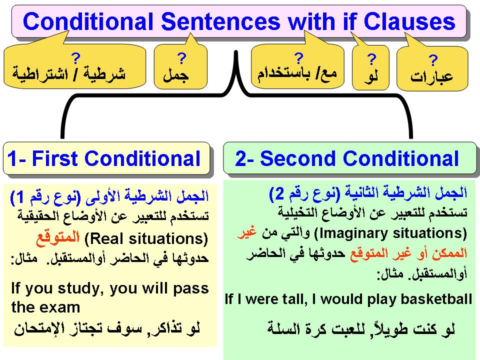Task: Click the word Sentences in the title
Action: pos(220,21)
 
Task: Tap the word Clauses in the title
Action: pos(409,21)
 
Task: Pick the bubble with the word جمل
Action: pos(180,66)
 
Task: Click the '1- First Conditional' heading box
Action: pos(106,158)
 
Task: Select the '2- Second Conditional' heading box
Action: pos(350,158)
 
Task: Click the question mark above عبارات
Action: pos(433,60)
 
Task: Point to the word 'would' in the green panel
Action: pos(341,299)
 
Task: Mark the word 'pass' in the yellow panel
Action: pos(191,289)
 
